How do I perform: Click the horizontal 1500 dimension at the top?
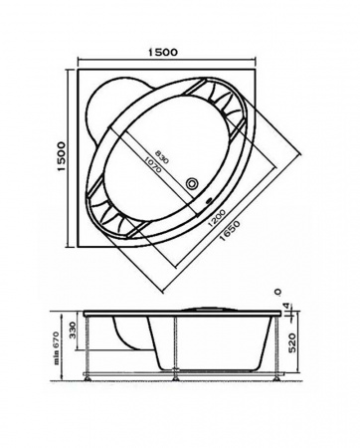pyautogui.click(x=163, y=52)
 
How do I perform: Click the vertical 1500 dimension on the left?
pyautogui.click(x=62, y=156)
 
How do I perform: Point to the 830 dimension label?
pyautogui.click(x=162, y=156)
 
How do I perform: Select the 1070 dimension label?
pyautogui.click(x=152, y=164)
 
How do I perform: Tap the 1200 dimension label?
pyautogui.click(x=217, y=218)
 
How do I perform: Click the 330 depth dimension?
pyautogui.click(x=73, y=330)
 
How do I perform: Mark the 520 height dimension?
pyautogui.click(x=290, y=343)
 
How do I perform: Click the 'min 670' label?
pyautogui.click(x=57, y=347)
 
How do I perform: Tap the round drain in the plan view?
pyautogui.click(x=192, y=183)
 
